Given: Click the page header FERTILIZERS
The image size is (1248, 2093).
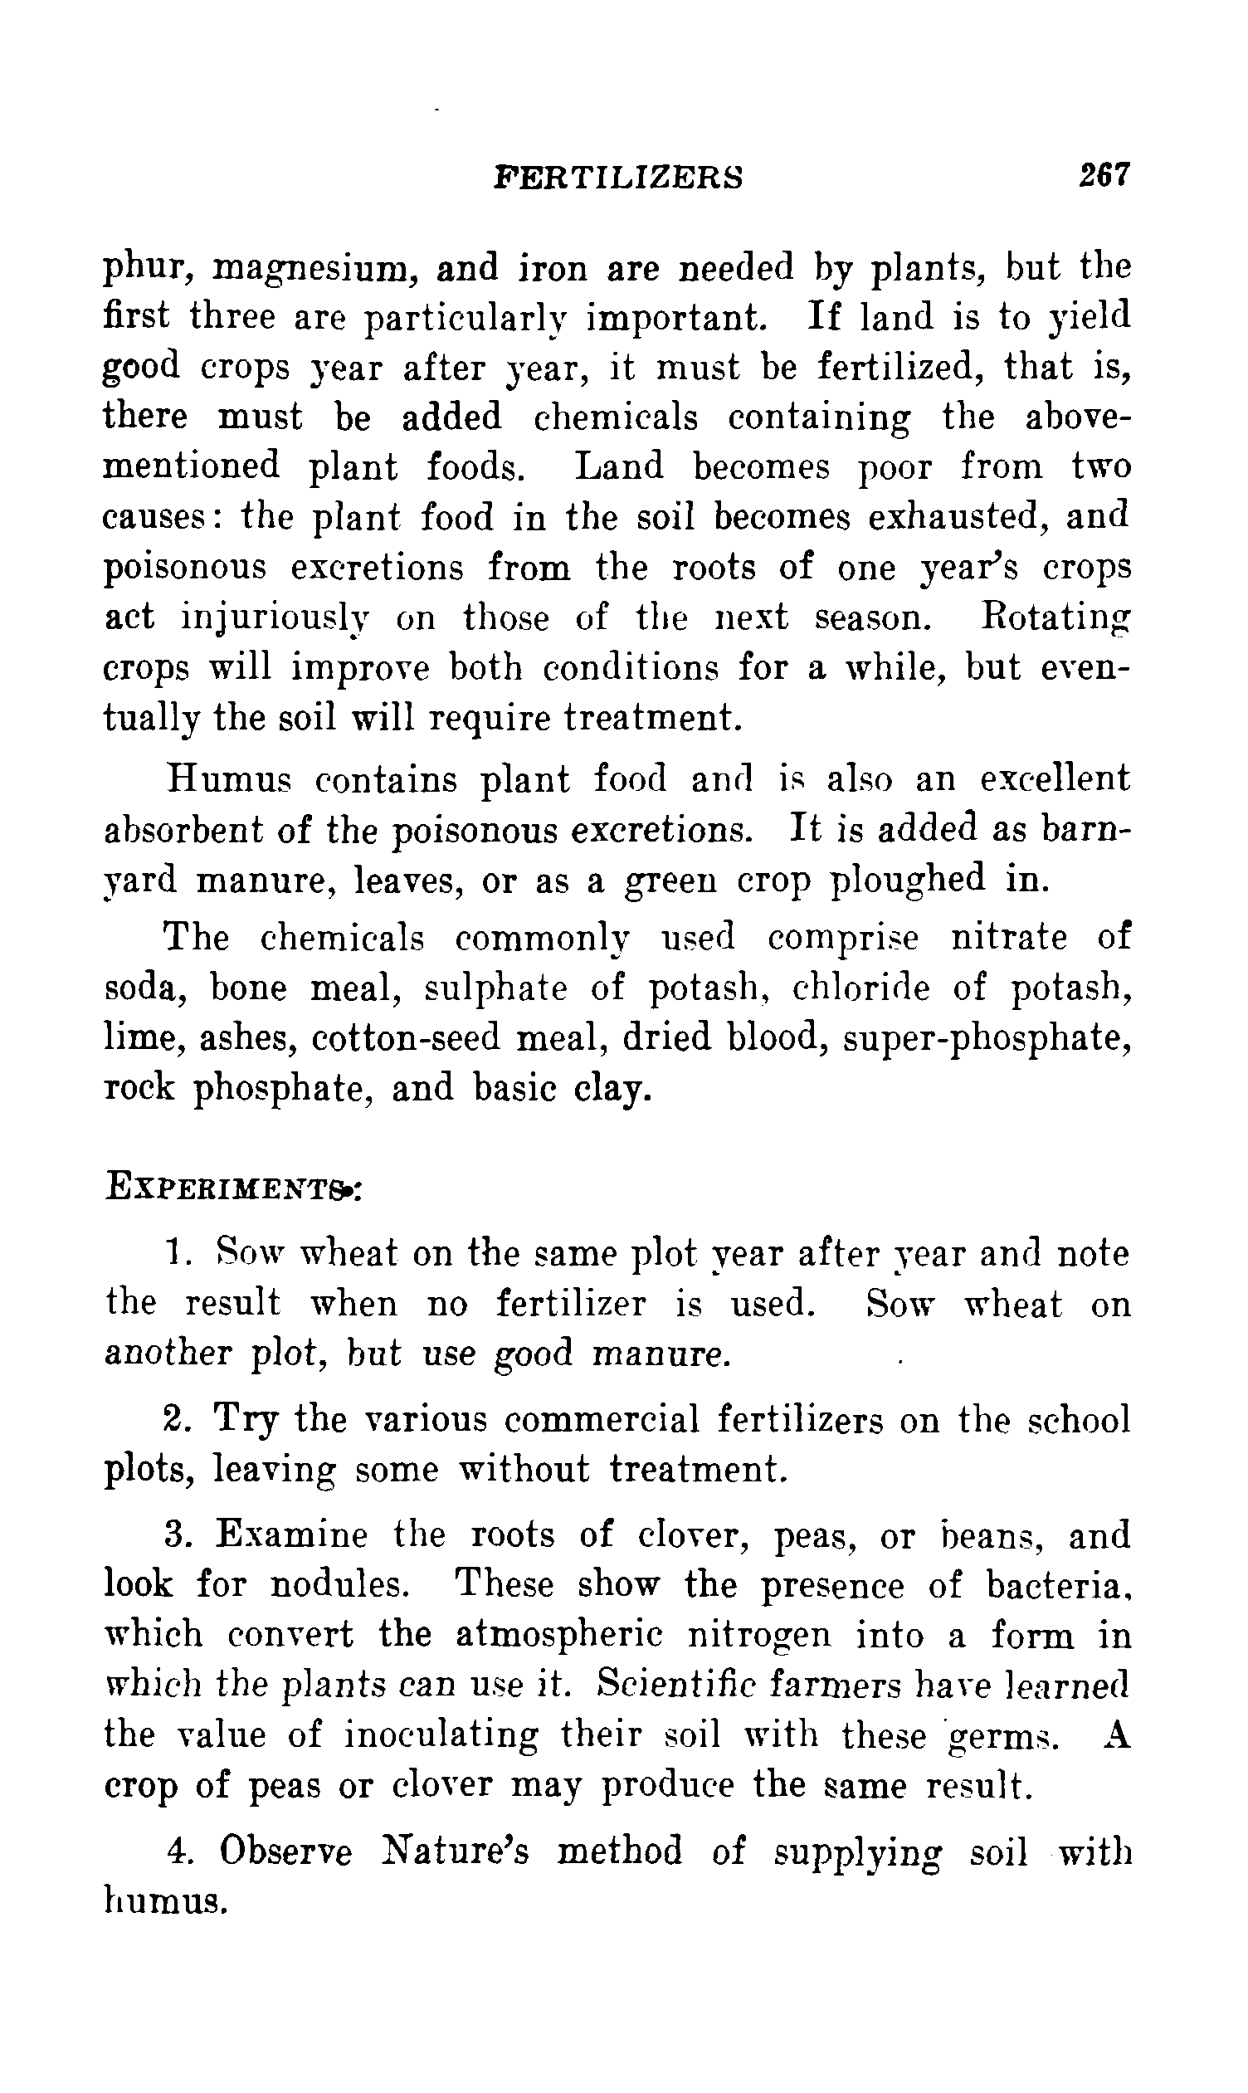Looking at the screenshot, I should [x=619, y=178].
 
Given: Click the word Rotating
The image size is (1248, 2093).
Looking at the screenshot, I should [x=1055, y=618].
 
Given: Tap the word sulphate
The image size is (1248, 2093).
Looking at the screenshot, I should [x=495, y=988].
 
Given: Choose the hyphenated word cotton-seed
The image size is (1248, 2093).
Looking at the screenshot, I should [x=407, y=1037].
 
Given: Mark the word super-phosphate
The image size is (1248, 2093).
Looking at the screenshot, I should [x=987, y=1039].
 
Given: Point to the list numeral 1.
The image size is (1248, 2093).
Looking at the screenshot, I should [x=174, y=1253].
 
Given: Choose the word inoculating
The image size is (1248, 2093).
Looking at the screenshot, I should [x=441, y=1735].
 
